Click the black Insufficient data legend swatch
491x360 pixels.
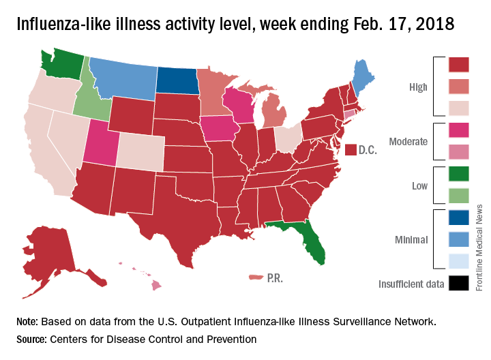pyautogui.click(x=459, y=283)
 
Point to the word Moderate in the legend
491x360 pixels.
pyautogui.click(x=408, y=142)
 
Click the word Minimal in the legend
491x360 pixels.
pyautogui.click(x=411, y=239)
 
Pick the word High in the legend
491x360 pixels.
pyautogui.click(x=417, y=87)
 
